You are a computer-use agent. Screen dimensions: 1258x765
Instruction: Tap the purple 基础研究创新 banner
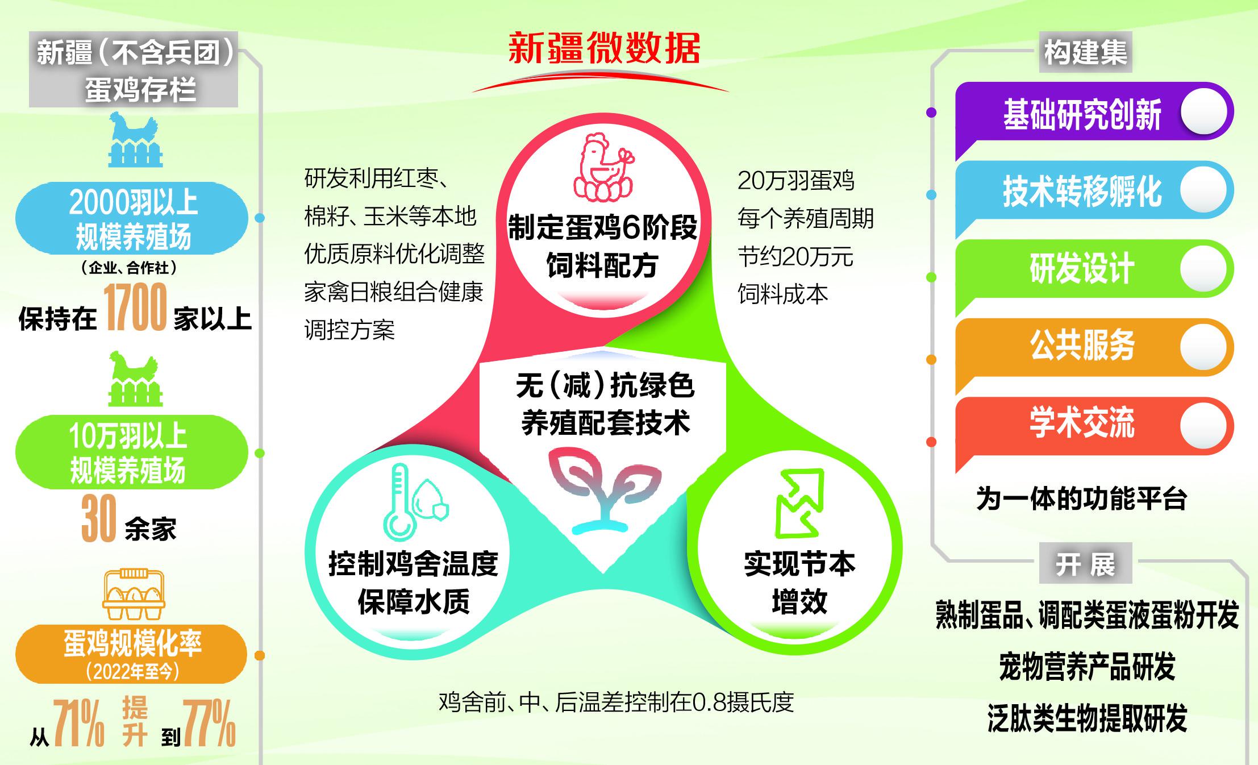click(1094, 113)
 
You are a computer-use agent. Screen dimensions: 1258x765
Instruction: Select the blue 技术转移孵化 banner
click(1094, 191)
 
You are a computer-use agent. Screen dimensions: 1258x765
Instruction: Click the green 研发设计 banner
click(1094, 269)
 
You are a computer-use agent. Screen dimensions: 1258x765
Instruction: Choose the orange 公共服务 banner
click(1094, 347)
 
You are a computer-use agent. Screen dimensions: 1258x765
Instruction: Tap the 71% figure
click(79, 722)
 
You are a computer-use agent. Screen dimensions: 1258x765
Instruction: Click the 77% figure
click(209, 722)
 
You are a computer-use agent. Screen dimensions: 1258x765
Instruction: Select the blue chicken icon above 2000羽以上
click(135, 139)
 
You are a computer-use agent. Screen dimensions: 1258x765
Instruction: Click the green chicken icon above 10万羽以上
click(135, 379)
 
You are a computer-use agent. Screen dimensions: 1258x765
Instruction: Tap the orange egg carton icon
click(134, 594)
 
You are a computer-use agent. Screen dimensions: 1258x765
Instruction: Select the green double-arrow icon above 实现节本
click(799, 504)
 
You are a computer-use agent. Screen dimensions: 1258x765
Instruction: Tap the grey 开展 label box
click(1085, 563)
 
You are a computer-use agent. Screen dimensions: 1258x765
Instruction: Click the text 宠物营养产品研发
click(1087, 667)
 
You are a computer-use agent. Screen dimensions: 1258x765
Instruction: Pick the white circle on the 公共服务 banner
click(1203, 347)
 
